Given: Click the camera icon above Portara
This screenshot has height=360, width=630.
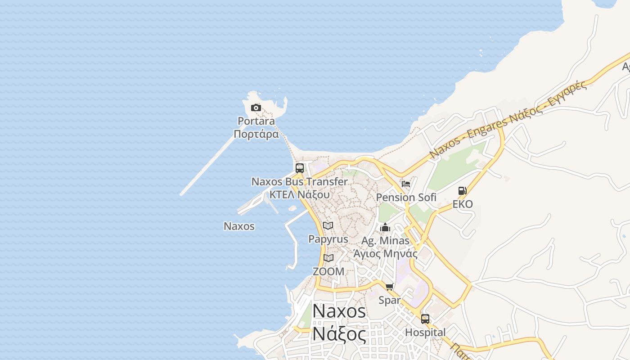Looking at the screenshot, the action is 256,108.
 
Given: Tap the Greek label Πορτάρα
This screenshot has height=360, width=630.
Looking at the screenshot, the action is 256,134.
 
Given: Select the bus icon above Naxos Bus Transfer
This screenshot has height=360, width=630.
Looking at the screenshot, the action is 300,168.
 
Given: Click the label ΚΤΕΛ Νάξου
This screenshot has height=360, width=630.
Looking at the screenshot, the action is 299,195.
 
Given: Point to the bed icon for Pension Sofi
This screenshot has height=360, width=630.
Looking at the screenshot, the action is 406,184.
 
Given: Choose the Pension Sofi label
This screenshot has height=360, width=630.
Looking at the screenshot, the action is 406,197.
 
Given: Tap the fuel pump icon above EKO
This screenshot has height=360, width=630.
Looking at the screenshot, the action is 462,191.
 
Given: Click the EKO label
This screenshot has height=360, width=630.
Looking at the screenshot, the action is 463,204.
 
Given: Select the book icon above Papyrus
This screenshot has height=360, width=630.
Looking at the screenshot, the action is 328,225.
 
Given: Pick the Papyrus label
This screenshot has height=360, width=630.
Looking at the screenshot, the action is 328,239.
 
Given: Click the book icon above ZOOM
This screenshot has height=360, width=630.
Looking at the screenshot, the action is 328,258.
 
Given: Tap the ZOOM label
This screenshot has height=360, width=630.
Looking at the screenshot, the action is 328,271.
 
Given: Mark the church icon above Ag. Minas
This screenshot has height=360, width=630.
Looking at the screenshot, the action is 385,227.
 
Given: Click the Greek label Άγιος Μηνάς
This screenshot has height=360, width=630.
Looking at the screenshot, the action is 385,253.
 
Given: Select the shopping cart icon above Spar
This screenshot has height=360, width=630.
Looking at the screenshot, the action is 390,287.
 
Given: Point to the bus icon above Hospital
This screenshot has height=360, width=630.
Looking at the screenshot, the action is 425,319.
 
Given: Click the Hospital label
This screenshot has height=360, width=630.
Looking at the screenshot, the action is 425,333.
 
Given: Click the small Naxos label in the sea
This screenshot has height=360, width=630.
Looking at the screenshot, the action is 239,226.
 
